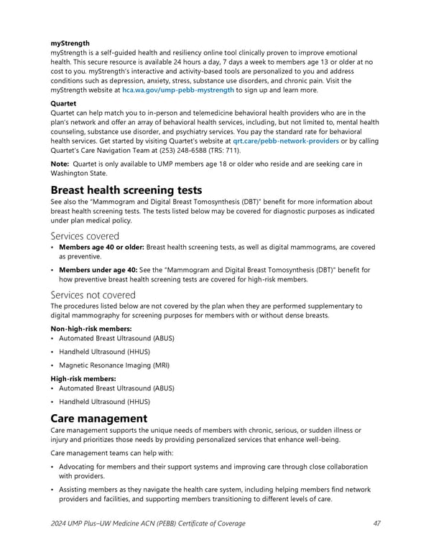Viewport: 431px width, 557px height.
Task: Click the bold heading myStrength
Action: pyautogui.click(x=70, y=43)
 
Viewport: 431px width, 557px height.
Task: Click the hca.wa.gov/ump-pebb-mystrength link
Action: pyautogui.click(x=177, y=90)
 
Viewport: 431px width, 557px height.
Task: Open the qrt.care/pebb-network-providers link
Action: pyautogui.click(x=281, y=141)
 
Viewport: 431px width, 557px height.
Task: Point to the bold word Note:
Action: pyautogui.click(x=60, y=164)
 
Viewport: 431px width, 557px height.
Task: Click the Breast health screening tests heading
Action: pyautogui.click(x=126, y=190)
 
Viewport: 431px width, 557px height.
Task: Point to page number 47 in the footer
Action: pyautogui.click(x=377, y=523)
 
